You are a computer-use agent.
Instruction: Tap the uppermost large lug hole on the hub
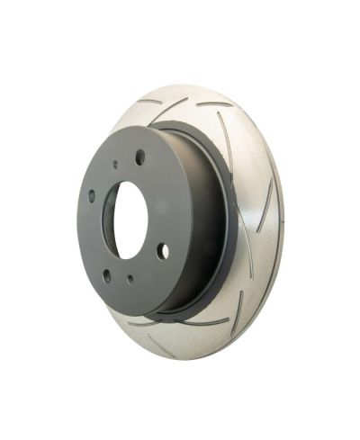pos(140,157)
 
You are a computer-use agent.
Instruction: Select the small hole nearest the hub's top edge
pos(115,166)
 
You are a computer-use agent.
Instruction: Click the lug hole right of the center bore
pos(162,252)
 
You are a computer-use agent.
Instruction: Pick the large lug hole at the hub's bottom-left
pos(106,275)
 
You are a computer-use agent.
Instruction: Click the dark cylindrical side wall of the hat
pos(202,225)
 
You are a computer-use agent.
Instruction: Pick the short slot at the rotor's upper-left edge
pos(144,106)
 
